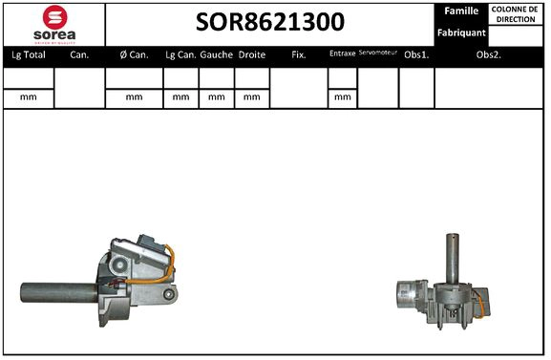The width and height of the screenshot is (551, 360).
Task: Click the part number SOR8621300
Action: click(x=270, y=22)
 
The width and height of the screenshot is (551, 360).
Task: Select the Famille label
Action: click(x=461, y=11)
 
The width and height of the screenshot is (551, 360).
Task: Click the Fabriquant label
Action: click(x=461, y=32)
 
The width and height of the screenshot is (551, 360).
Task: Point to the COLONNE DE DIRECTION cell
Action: click(x=515, y=13)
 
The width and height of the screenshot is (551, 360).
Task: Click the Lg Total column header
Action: click(x=28, y=55)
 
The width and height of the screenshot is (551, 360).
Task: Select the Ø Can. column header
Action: click(x=133, y=55)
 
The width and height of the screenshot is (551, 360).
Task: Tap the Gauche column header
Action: click(x=217, y=55)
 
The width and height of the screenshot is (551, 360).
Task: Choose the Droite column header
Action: click(x=252, y=55)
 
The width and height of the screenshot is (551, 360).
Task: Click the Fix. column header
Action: click(x=299, y=55)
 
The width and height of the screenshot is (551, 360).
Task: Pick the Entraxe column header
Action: click(x=342, y=54)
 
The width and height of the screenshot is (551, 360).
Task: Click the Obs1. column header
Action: click(x=415, y=55)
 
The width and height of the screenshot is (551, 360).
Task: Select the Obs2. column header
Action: click(x=489, y=55)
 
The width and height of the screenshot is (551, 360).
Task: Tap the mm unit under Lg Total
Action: click(x=28, y=97)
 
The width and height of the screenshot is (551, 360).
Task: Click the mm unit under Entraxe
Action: click(x=341, y=97)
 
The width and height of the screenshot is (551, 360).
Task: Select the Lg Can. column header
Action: click(x=180, y=55)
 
